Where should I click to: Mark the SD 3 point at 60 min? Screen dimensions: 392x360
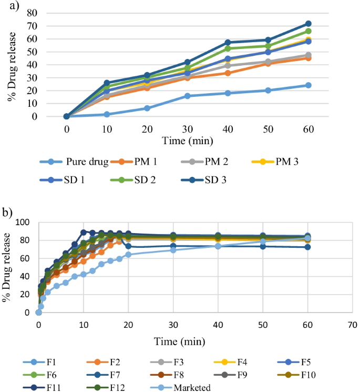[308, 24]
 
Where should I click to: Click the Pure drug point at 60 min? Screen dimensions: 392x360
[308, 85]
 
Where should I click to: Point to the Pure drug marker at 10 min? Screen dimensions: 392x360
[107, 114]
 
